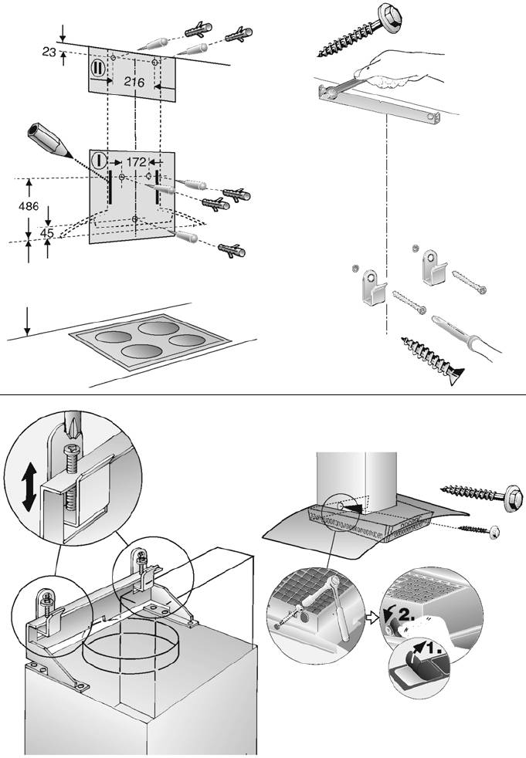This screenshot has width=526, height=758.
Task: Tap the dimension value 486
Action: pyautogui.click(x=29, y=207)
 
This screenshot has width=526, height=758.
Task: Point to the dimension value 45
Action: pyautogui.click(x=47, y=232)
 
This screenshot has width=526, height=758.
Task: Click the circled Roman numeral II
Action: pyautogui.click(x=98, y=68)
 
